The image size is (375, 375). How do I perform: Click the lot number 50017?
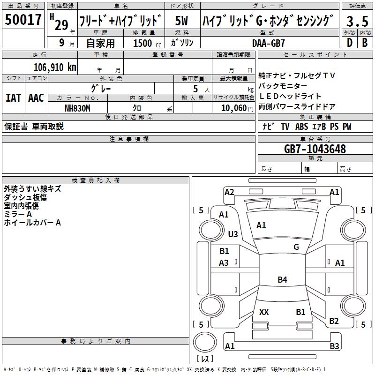point(23,20)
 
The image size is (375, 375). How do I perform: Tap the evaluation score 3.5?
point(356,22)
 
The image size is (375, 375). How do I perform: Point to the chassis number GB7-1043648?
point(315,149)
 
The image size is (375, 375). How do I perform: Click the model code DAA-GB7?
point(269,43)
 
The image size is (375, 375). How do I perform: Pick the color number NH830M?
point(77,108)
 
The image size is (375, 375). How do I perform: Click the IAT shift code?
point(13,98)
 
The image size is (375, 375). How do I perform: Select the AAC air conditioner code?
point(36,98)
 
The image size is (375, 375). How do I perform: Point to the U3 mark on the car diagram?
point(232,234)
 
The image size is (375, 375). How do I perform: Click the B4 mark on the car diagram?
point(282,280)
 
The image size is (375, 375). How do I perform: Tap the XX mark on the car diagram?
point(264,312)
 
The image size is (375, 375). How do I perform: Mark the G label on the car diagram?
point(296,247)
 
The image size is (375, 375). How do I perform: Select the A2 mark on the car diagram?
point(229,192)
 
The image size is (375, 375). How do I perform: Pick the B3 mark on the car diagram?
point(334,346)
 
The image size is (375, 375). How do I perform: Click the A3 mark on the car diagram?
point(224,263)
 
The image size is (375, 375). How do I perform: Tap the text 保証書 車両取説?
point(34,127)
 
